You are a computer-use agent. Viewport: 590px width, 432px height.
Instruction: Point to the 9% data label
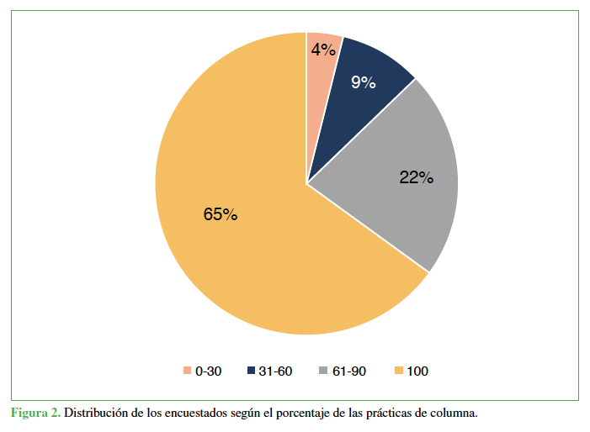[x=363, y=82]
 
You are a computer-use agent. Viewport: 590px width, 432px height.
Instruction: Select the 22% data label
[x=416, y=177]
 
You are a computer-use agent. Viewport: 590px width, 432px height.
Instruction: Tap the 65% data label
[x=221, y=214]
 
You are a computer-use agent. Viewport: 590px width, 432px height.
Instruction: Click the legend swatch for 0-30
[x=187, y=371]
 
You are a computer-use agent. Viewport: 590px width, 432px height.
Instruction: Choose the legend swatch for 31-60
[x=252, y=371]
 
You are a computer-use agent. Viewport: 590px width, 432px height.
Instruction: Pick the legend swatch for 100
[x=398, y=371]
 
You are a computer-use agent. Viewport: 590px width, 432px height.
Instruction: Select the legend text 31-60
[x=277, y=371]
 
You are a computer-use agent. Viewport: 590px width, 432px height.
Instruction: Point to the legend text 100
[x=417, y=371]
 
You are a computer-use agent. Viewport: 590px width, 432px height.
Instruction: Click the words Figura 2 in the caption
[x=35, y=414]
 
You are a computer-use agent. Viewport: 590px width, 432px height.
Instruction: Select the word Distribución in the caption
[x=98, y=414]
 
